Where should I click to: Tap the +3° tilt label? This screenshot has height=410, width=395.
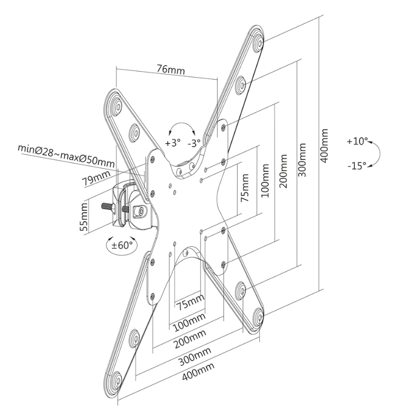coord(173,143)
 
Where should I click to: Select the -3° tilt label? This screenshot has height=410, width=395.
coord(194,143)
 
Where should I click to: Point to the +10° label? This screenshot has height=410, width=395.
coord(358,142)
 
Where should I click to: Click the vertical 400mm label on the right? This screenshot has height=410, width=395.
coord(325,145)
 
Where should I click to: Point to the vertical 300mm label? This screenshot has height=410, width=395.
coord(302,159)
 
